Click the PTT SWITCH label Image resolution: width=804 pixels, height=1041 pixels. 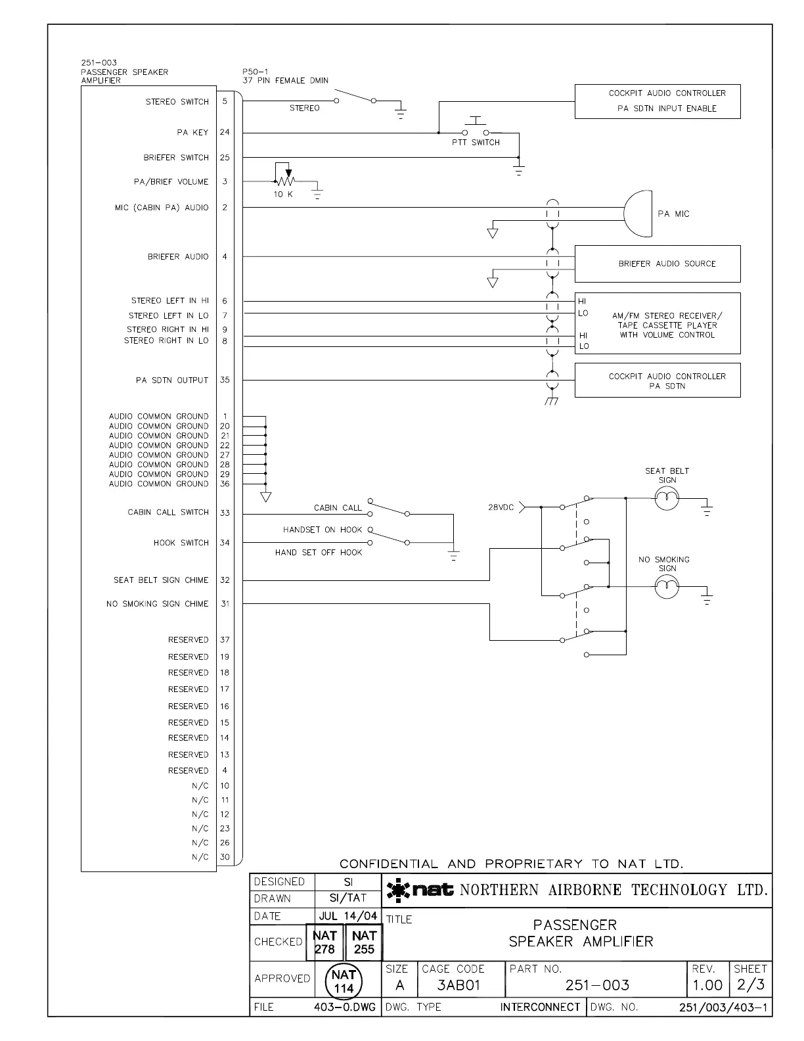[476, 143]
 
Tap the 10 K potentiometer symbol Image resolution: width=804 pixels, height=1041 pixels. [285, 180]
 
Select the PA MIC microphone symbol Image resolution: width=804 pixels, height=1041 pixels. [637, 214]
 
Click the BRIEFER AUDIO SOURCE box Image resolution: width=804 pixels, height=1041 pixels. [658, 264]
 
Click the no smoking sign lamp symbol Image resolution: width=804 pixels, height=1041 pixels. [667, 586]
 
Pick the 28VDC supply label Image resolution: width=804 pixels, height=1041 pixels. [501, 508]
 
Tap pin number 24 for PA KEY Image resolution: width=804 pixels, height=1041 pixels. [225, 132]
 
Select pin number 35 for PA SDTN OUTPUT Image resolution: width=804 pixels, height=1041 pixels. [225, 380]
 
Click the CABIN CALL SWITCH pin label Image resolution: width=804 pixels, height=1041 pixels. [168, 512]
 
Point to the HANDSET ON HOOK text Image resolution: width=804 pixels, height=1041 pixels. [323, 530]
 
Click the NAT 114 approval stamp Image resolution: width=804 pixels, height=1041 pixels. [344, 981]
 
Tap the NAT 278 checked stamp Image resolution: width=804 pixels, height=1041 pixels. [324, 942]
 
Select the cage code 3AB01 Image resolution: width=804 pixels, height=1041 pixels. [459, 986]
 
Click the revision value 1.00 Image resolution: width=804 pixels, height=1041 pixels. [707, 986]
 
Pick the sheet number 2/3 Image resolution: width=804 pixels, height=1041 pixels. [750, 985]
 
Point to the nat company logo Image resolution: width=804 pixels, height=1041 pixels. [420, 891]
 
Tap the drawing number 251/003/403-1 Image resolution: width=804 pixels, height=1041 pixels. [725, 1007]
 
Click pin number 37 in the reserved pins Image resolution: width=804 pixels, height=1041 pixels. [225, 639]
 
